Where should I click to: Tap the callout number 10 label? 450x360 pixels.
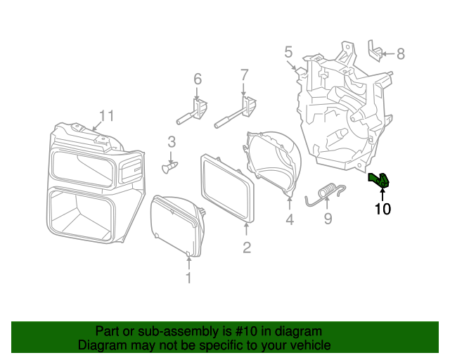[382, 209]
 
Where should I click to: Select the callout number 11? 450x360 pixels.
[105, 115]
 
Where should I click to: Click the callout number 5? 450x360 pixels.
[288, 51]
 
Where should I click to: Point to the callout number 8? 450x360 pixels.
[401, 53]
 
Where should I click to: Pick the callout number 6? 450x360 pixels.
[197, 78]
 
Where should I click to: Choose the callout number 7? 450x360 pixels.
[244, 75]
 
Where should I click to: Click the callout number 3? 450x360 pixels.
[171, 143]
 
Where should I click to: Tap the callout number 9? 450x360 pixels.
[328, 219]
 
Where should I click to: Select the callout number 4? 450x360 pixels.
[289, 221]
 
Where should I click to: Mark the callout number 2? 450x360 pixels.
[247, 247]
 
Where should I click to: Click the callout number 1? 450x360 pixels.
[188, 278]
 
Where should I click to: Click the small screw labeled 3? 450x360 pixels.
[170, 167]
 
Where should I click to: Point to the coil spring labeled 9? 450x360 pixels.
[326, 192]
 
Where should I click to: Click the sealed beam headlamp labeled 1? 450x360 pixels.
[176, 225]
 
